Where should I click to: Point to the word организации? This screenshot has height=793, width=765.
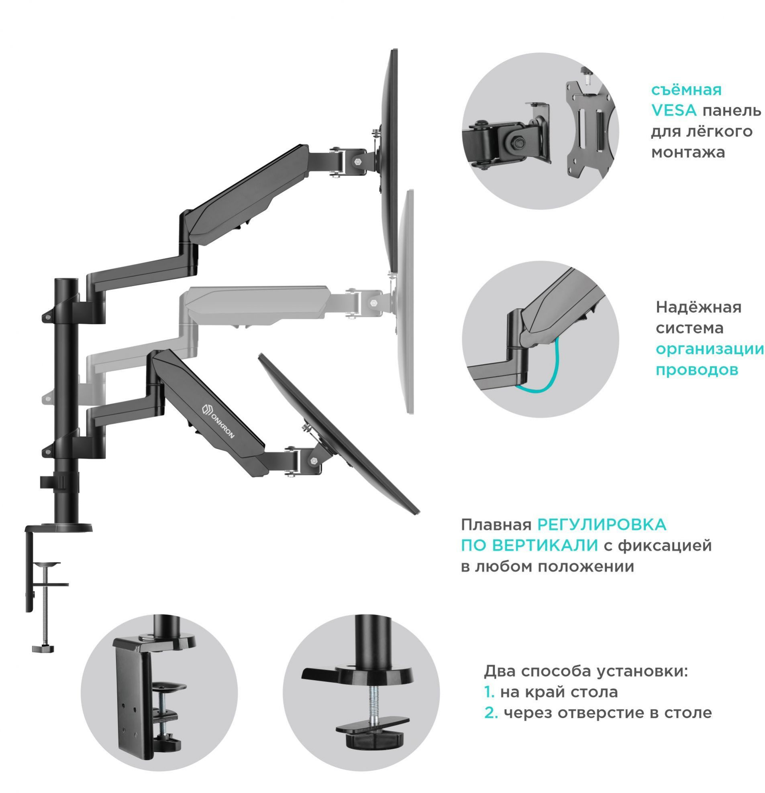[x=710, y=349]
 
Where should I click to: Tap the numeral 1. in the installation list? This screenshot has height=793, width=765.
[x=490, y=692]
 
